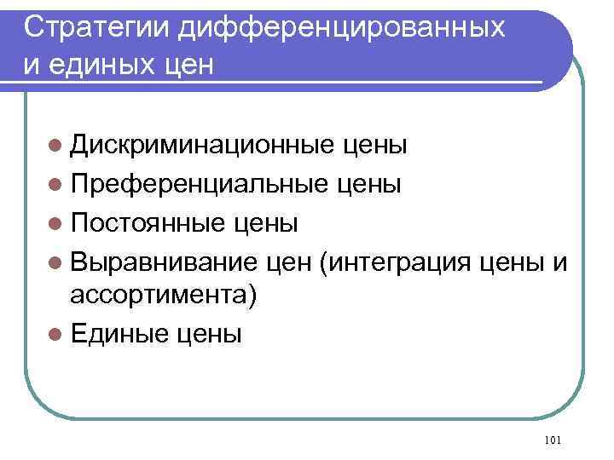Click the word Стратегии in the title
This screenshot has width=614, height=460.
tap(97, 27)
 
